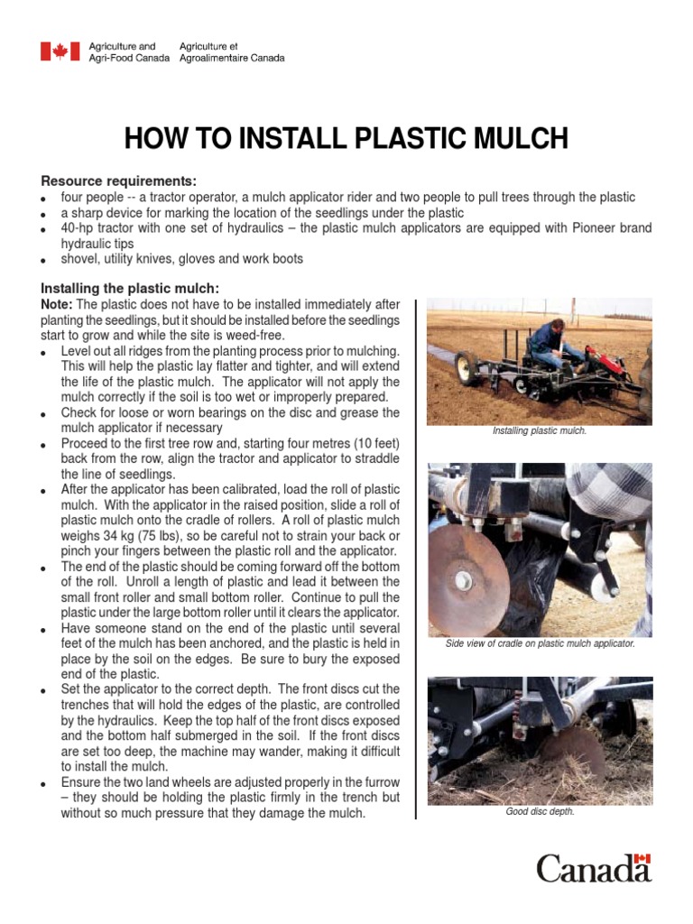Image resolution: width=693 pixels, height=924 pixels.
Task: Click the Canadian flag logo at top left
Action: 60,51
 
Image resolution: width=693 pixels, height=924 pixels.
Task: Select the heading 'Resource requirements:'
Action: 118,180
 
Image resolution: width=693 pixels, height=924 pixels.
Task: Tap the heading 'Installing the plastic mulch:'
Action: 130,288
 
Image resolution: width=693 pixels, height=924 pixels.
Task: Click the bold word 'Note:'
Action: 58,304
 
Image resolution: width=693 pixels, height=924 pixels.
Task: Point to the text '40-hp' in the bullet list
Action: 78,228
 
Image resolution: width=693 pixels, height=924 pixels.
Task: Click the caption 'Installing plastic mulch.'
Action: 540,431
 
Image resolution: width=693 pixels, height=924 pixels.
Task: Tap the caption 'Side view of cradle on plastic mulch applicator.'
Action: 540,644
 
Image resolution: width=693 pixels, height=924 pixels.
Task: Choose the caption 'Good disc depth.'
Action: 540,811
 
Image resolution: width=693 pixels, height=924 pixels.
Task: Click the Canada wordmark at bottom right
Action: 593,868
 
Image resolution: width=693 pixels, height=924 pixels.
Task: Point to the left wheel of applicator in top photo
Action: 467,369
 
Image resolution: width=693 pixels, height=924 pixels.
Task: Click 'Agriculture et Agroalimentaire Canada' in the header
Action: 232,51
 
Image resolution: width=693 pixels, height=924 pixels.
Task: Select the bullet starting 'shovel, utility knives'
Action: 181,259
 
